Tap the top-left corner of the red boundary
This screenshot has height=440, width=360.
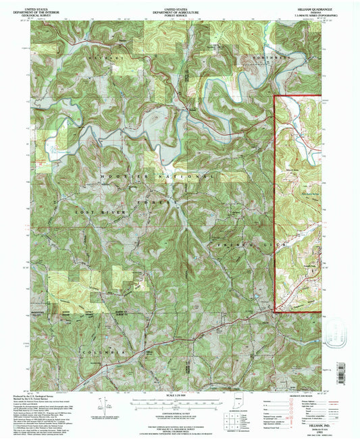pyautogui.click(x=276, y=97)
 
